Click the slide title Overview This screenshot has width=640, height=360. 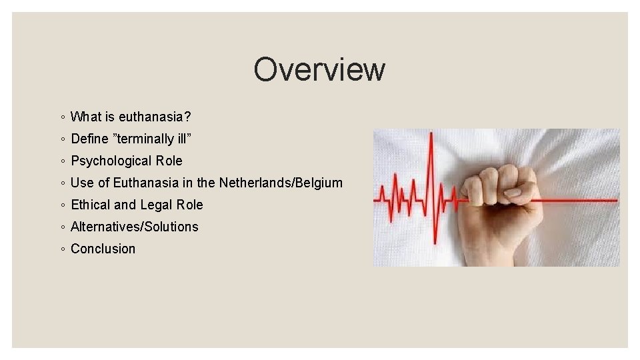pos(319,69)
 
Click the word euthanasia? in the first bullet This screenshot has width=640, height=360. pos(155,117)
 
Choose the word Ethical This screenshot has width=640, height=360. pos(90,205)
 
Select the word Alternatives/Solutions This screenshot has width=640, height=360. pos(134,227)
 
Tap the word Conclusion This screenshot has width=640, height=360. pos(103,249)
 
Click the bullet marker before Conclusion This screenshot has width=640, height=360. pos(61,249)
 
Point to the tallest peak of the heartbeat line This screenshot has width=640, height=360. pos(431,137)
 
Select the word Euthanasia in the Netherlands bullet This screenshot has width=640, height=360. pos(146,183)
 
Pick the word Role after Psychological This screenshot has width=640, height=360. pos(169,161)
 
